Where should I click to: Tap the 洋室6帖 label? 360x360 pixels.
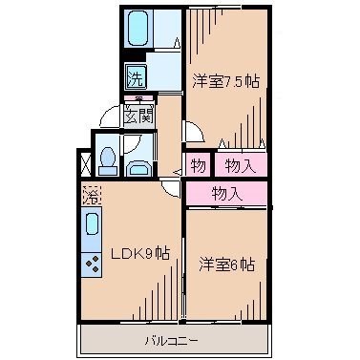(226, 265)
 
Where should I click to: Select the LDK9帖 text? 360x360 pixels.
(139, 254)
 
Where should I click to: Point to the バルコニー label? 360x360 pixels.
(172, 339)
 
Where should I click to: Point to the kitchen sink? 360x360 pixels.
(92, 228)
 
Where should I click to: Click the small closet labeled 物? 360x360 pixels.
(199, 166)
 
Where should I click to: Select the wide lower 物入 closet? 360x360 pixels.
(227, 194)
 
